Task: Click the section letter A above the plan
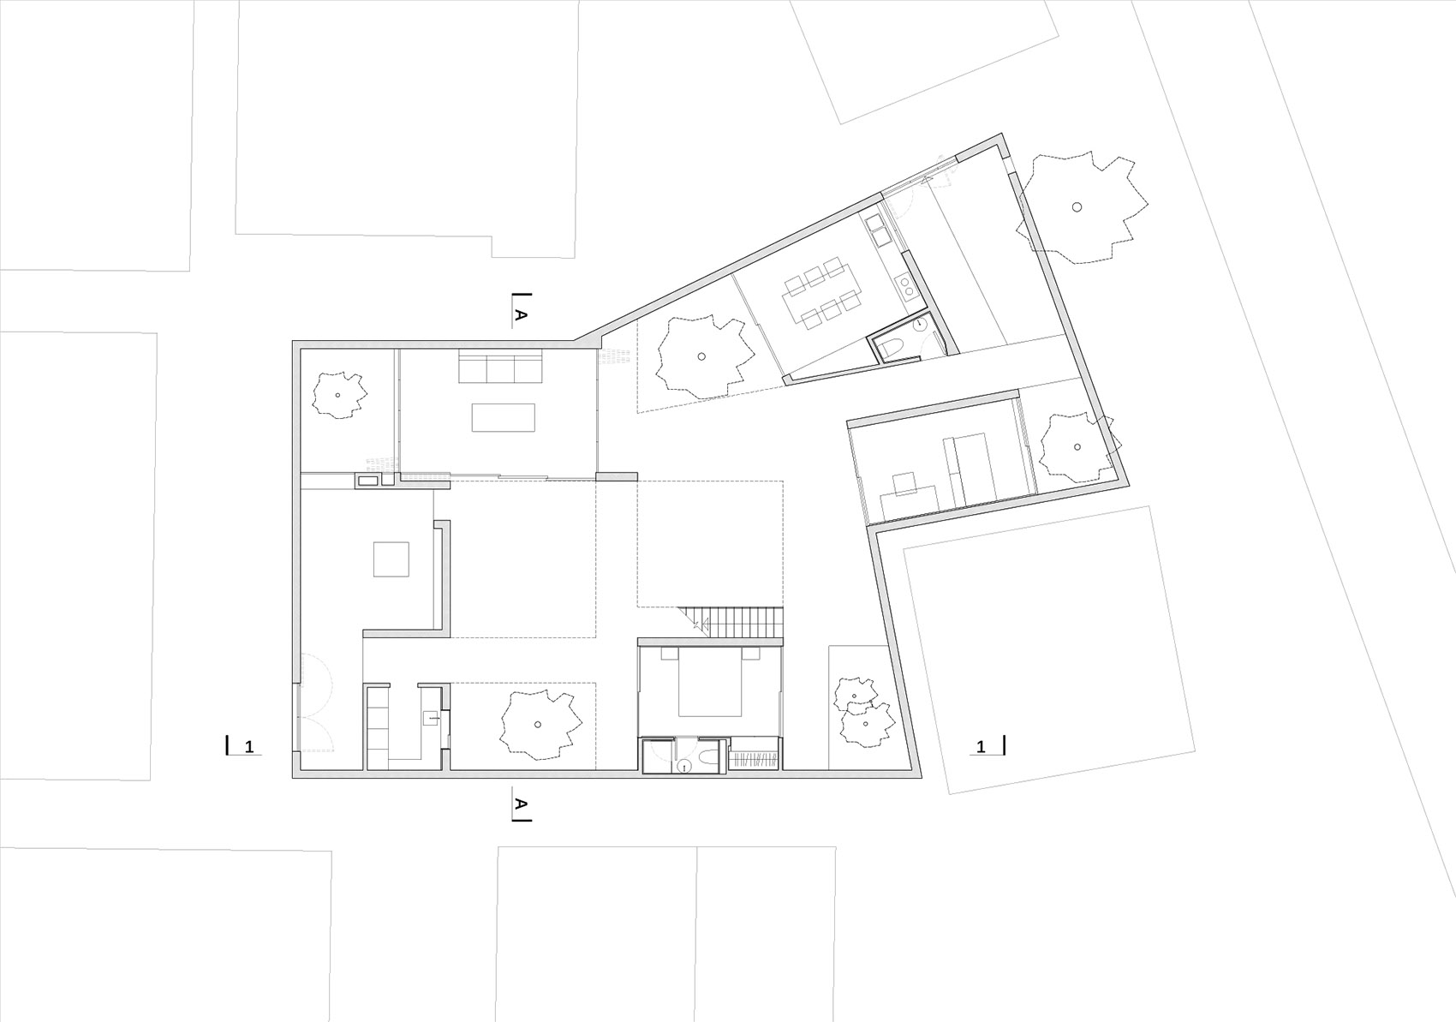point(520,315)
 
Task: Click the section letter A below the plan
point(520,804)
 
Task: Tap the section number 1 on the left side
point(249,747)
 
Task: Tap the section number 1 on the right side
point(982,747)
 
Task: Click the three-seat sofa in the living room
point(500,369)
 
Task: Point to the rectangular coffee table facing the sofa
point(503,417)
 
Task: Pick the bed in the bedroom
point(710,684)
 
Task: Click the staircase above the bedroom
point(738,622)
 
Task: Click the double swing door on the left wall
point(308,702)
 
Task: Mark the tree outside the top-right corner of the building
point(1077,206)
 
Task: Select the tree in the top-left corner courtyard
point(338,395)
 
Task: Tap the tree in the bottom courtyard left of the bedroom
point(538,724)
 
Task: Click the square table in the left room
point(391,559)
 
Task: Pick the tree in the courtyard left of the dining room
point(701,356)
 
